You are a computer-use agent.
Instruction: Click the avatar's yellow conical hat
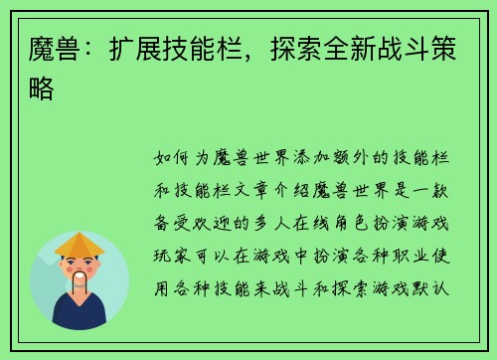pyautogui.click(x=80, y=244)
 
